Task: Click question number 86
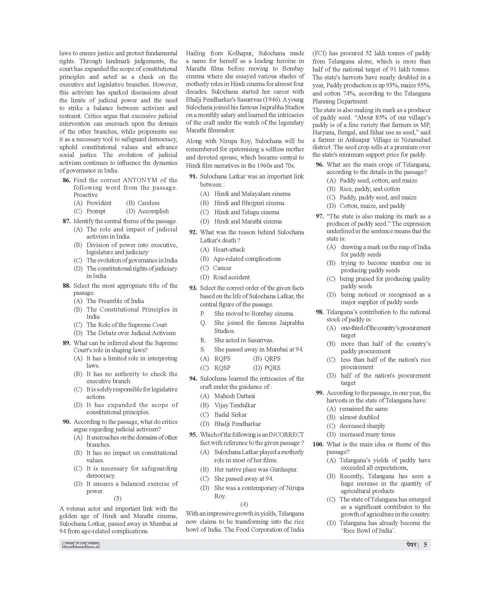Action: (67, 180)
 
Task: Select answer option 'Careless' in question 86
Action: (148, 203)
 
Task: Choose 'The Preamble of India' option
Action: (115, 301)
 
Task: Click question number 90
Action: (67, 422)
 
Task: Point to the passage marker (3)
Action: (118, 498)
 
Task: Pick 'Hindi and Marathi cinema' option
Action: (248, 221)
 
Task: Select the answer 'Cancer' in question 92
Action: (222, 268)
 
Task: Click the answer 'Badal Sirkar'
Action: (230, 415)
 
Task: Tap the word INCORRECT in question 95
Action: (286, 435)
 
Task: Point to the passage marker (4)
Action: (244, 504)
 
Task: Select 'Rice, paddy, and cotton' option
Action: (370, 189)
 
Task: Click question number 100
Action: (318, 444)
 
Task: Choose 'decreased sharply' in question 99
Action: (362, 426)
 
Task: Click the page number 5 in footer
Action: (425, 545)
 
